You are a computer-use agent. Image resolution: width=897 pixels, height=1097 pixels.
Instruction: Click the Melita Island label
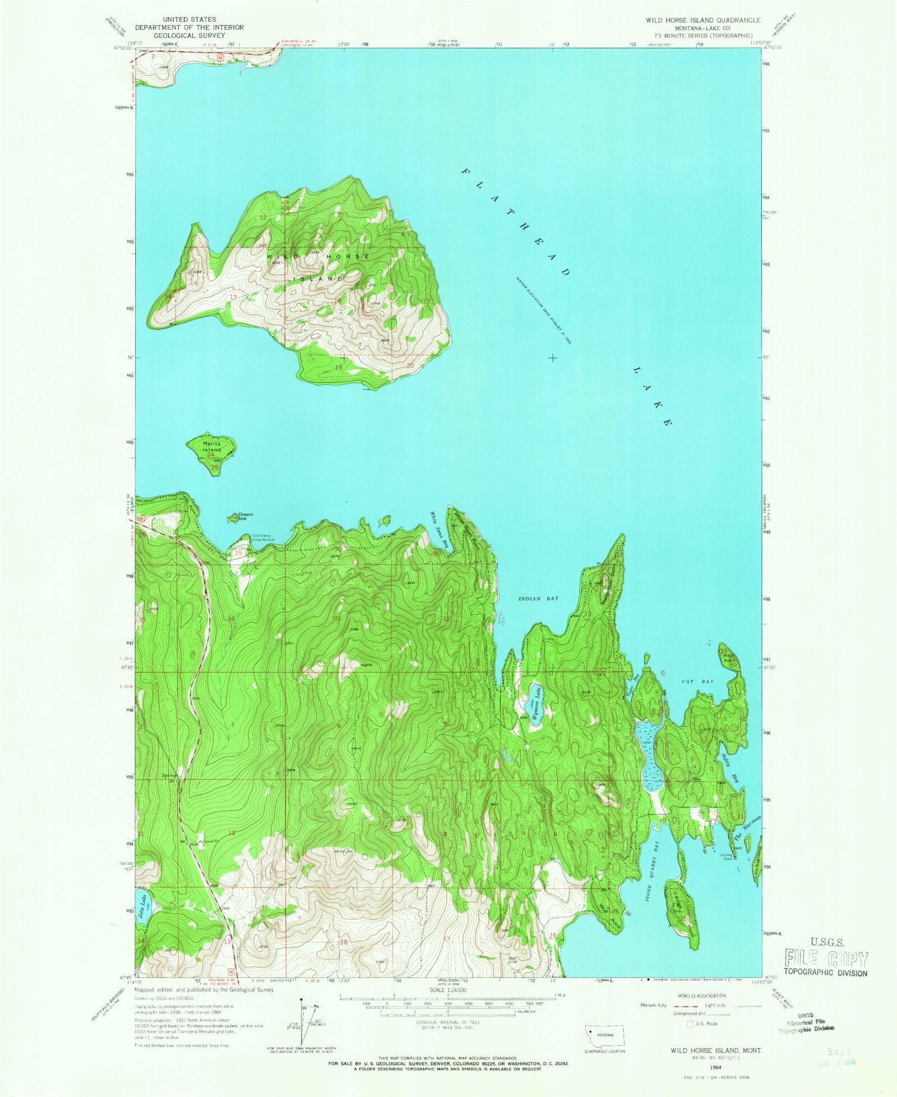click(x=212, y=447)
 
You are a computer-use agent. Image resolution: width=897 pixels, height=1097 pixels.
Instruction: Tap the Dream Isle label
click(x=246, y=516)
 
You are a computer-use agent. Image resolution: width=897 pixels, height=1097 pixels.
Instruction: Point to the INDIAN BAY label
click(x=538, y=599)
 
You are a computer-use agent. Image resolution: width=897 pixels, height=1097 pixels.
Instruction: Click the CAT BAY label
click(x=697, y=681)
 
